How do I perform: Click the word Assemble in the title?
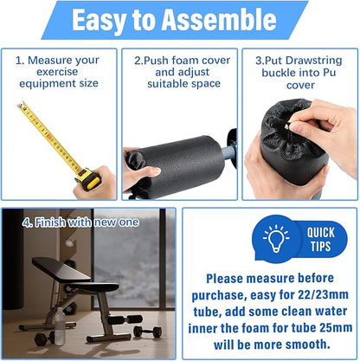coord(219,20)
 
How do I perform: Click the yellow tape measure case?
coord(88,179)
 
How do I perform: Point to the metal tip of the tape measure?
coord(21,105)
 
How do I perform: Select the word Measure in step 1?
coord(46,61)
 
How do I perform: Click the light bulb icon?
coord(276,238)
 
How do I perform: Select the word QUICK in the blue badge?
coord(320,232)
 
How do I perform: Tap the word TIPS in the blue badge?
coord(320,246)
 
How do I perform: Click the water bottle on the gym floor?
coord(60,326)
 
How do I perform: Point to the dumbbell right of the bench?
coord(147,332)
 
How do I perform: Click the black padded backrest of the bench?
coord(61,269)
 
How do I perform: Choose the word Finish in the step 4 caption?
coord(49,222)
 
